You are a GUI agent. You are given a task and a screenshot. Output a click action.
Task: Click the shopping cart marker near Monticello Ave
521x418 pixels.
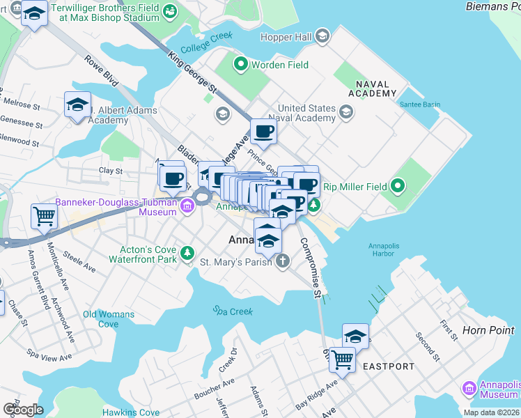coord(44,217)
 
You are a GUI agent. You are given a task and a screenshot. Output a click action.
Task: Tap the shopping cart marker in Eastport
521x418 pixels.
coord(342,360)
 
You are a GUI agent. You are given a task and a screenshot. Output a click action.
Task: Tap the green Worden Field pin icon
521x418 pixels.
coord(241,65)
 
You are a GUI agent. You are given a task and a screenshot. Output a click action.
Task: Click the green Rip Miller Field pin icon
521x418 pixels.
coord(398,186)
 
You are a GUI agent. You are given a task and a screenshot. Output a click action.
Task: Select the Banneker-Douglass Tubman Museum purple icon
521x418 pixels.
coord(187,206)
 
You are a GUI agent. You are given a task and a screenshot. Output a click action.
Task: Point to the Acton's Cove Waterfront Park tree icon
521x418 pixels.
coord(187,253)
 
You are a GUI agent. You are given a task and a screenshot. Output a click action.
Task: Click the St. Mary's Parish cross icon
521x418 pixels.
coord(282,262)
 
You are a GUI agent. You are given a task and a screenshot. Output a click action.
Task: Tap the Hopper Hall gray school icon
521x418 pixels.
coord(322,36)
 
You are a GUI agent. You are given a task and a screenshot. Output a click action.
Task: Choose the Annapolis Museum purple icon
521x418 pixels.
coord(469,388)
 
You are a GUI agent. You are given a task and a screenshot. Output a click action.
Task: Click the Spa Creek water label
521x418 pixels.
coord(233,311)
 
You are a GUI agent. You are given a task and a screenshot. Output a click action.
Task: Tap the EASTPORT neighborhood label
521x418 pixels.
coord(389,366)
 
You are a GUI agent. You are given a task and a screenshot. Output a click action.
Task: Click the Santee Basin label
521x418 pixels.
coord(420,104)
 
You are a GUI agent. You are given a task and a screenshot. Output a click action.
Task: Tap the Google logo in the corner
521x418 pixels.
coord(23,410)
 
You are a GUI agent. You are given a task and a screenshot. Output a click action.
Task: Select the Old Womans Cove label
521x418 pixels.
coord(108,319)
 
